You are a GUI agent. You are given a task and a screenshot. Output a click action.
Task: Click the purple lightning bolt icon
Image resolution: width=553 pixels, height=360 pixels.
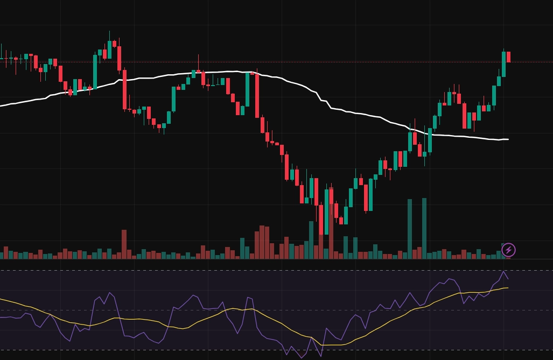(x=508, y=250)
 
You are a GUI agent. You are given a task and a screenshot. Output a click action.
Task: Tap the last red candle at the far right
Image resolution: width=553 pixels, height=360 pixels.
(x=508, y=57)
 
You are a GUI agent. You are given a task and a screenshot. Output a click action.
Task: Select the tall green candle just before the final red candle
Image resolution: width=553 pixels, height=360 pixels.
(x=504, y=64)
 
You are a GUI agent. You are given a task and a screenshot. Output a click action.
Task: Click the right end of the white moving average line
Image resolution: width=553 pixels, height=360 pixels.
(x=507, y=139)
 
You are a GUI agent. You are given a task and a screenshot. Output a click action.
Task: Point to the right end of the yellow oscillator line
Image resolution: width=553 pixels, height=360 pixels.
(x=507, y=288)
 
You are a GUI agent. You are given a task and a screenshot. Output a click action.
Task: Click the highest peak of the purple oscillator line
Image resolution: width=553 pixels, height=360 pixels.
(x=504, y=271)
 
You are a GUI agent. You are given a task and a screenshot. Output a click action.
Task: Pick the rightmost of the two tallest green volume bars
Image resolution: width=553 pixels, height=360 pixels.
(x=424, y=226)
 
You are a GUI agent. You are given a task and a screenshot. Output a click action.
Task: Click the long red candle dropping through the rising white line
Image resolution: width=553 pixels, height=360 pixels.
(x=124, y=89)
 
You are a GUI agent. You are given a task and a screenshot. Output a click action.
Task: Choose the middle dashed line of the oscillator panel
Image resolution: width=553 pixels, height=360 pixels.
(x=323, y=310)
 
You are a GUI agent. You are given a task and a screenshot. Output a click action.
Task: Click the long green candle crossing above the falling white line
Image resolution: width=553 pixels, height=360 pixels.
(x=429, y=140)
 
